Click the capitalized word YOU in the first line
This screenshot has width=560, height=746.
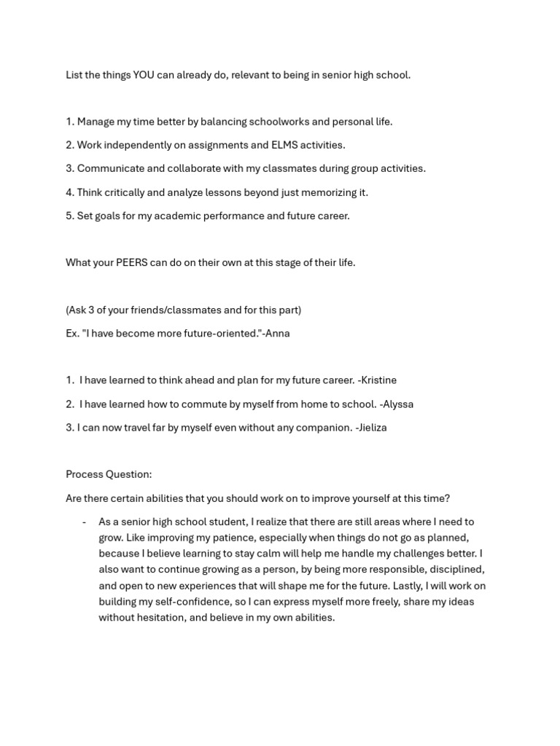(143, 75)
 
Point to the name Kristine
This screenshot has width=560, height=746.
(379, 380)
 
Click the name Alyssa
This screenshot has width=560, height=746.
(399, 404)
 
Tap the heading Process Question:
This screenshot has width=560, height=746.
(109, 474)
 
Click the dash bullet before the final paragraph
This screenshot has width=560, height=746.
(85, 522)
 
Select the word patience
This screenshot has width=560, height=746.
(224, 538)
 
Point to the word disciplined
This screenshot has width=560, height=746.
(456, 570)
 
